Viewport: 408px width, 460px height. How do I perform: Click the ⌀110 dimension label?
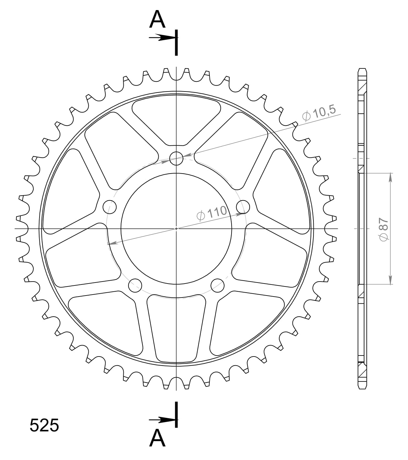pyautogui.click(x=212, y=213)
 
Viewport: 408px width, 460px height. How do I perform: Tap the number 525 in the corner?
pyautogui.click(x=44, y=425)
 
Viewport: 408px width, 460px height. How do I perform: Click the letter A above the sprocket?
pyautogui.click(x=157, y=20)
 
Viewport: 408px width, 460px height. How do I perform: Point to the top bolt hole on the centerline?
pyautogui.click(x=176, y=158)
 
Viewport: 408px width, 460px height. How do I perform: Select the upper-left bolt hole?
pyautogui.click(x=109, y=207)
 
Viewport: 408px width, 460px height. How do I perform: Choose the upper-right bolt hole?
pyautogui.click(x=243, y=207)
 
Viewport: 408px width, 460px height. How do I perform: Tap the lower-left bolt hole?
pyautogui.click(x=135, y=285)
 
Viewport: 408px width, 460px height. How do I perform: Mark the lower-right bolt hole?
pyautogui.click(x=217, y=285)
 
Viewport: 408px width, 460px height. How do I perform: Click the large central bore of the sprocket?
pyautogui.click(x=176, y=229)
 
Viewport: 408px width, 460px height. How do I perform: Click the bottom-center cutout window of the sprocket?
pyautogui.click(x=176, y=328)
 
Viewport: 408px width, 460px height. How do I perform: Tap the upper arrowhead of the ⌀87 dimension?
pyautogui.click(x=391, y=177)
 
